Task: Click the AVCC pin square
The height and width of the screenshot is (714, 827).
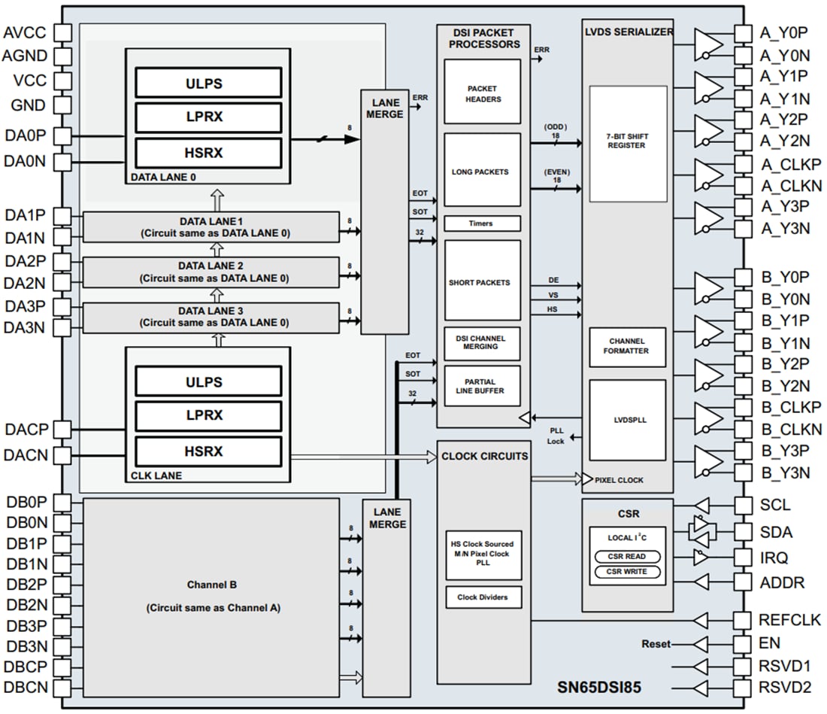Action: (62, 32)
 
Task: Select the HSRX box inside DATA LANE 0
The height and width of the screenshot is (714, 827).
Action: (208, 152)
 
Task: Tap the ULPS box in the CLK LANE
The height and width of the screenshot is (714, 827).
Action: (208, 381)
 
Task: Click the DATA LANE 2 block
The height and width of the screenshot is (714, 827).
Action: (211, 272)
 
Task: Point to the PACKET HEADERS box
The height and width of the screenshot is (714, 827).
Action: (482, 93)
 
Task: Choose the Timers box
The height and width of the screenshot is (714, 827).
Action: (482, 223)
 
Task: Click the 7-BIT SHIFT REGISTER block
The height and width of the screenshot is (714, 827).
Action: (627, 144)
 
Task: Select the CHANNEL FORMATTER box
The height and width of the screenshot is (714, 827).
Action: (627, 346)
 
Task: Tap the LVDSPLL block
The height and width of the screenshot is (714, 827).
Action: (627, 420)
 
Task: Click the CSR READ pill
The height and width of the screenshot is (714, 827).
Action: (626, 557)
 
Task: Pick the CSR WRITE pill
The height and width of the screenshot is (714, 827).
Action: (626, 572)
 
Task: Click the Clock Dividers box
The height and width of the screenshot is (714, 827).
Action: (482, 597)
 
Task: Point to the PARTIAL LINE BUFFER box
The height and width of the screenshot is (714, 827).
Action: (482, 385)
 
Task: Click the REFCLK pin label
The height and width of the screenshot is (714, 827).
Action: (780, 620)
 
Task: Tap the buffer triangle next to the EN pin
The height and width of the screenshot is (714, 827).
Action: (700, 644)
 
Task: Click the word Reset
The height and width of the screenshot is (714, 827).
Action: (656, 644)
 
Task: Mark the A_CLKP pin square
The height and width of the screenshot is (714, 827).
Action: (743, 164)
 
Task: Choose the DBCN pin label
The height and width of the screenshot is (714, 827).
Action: (26, 687)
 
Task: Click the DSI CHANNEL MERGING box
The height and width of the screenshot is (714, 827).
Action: (482, 342)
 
